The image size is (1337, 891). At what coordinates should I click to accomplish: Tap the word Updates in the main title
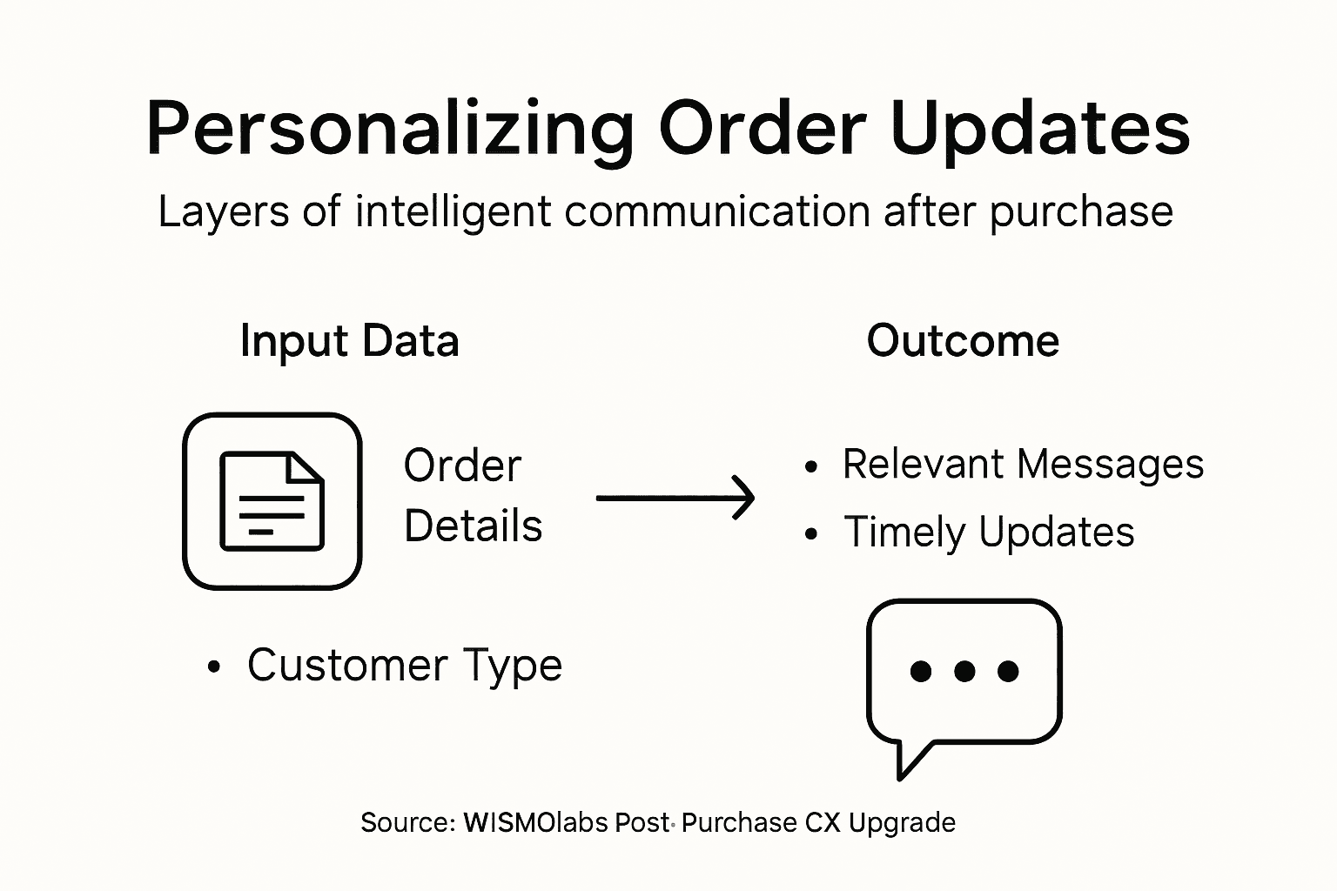pos(1041,129)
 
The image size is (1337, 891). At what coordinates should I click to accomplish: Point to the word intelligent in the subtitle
pos(453,211)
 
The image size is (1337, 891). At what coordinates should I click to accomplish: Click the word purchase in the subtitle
pos(1081,213)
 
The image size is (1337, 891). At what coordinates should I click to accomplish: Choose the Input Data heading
pos(349,340)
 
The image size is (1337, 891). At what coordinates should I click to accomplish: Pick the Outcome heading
pos(963,340)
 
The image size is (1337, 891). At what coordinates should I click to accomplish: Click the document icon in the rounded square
pos(272,501)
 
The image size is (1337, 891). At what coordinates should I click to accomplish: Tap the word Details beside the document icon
pos(473,526)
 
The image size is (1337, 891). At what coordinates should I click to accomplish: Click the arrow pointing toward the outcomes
pos(675,498)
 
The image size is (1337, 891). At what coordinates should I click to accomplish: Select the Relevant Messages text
pos(1023,464)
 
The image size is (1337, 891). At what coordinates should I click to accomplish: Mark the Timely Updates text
pos(989,532)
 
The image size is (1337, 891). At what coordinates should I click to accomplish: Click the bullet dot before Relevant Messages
pos(811,467)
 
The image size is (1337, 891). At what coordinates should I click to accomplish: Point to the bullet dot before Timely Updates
pos(811,534)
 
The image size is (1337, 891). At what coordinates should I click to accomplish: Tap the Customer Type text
pos(405,666)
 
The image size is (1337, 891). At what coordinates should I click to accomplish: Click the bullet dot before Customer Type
pos(214,668)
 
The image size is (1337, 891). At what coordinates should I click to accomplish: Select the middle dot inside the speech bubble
pos(964,671)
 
